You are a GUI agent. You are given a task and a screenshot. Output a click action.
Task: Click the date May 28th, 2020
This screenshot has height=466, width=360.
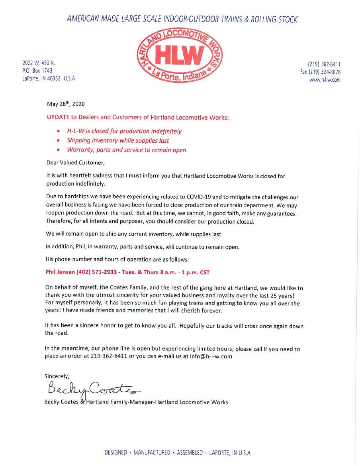(x=66, y=104)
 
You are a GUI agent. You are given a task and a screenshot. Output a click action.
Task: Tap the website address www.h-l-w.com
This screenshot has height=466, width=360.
(x=325, y=80)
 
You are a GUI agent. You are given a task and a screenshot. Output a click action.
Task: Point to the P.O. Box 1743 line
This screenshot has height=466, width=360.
(x=37, y=71)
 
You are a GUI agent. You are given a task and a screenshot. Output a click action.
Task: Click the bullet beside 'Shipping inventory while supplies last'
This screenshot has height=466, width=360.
(x=59, y=141)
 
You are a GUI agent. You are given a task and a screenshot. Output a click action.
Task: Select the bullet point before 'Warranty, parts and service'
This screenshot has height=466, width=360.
(x=59, y=150)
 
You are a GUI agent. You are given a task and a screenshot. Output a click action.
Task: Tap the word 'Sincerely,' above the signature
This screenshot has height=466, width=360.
(x=57, y=376)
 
